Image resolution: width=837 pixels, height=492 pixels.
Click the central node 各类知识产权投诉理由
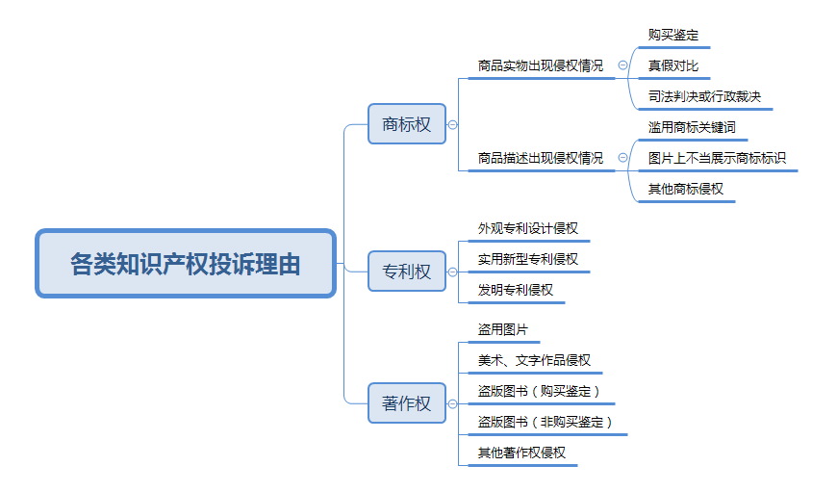pos(186,264)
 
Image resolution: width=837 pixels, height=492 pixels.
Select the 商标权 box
pos(407,124)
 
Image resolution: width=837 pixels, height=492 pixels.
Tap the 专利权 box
pos(407,272)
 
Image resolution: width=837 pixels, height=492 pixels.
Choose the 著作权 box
pos(407,403)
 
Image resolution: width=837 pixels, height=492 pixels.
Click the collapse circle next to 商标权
pos(453,124)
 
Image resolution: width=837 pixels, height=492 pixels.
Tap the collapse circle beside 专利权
pos(453,272)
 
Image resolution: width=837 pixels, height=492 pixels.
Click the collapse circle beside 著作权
pos(453,403)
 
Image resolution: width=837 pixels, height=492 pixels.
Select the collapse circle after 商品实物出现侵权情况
pos(623,65)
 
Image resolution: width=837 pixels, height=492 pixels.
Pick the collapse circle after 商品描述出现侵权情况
pos(623,158)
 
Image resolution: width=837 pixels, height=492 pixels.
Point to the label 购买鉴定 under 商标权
pos(673,36)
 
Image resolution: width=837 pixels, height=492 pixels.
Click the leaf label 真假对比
pos(673,65)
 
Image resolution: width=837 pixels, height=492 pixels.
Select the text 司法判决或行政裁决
pos(704,96)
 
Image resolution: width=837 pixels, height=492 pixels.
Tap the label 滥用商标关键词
pos(692,127)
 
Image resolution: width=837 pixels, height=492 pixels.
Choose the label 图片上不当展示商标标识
pos(717,158)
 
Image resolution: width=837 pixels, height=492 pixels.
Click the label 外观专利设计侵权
pos(528,228)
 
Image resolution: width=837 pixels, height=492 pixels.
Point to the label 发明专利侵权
pos(515,290)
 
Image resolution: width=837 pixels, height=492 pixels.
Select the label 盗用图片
pos(503,329)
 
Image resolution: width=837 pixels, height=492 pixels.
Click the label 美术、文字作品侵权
pos(534,361)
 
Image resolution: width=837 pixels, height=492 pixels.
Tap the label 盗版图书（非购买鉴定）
pos(545,422)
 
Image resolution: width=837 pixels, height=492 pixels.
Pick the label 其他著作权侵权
pos(521,453)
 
